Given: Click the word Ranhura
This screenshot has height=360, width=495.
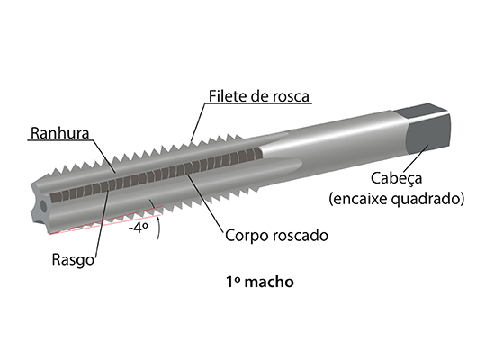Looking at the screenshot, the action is [60, 133].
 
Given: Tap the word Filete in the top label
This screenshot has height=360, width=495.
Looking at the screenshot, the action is [228, 96].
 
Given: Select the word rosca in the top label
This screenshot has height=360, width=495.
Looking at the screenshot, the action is [291, 97].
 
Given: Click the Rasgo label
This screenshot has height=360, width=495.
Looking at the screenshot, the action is [73, 260].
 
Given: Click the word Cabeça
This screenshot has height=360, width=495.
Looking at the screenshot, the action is [397, 178].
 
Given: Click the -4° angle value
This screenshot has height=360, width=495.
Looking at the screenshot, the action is [139, 228].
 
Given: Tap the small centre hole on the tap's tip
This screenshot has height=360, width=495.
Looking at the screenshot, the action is [43, 206].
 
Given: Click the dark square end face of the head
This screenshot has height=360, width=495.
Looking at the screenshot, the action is [428, 133].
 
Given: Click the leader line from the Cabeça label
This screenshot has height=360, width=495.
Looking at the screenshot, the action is [416, 158].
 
